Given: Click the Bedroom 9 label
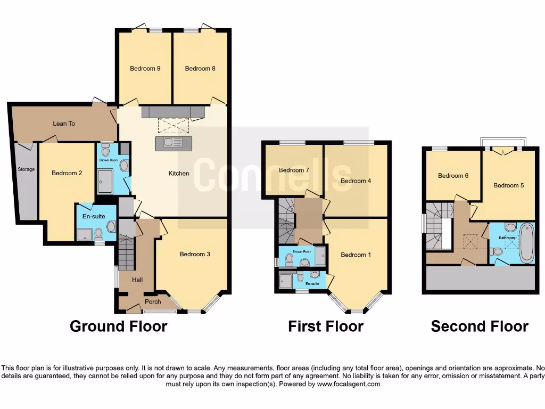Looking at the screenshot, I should (145, 68).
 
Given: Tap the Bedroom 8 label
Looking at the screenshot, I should (200, 68).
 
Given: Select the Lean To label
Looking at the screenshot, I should (64, 124).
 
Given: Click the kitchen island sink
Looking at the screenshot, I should (174, 142).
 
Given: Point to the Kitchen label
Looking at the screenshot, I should (179, 173).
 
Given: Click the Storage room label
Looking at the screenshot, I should (26, 169).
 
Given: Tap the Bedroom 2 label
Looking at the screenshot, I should (67, 173).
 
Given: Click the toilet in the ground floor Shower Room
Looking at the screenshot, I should (105, 149).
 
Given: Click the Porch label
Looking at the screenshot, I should (153, 302).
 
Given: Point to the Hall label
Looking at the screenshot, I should (137, 280).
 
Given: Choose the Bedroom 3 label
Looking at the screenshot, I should (195, 254).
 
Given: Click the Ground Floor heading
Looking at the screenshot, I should (118, 326).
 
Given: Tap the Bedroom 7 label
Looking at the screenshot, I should (294, 170).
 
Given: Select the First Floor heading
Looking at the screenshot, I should (326, 326).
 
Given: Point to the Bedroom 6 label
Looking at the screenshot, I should (453, 175).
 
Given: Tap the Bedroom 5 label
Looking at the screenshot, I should (509, 185).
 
